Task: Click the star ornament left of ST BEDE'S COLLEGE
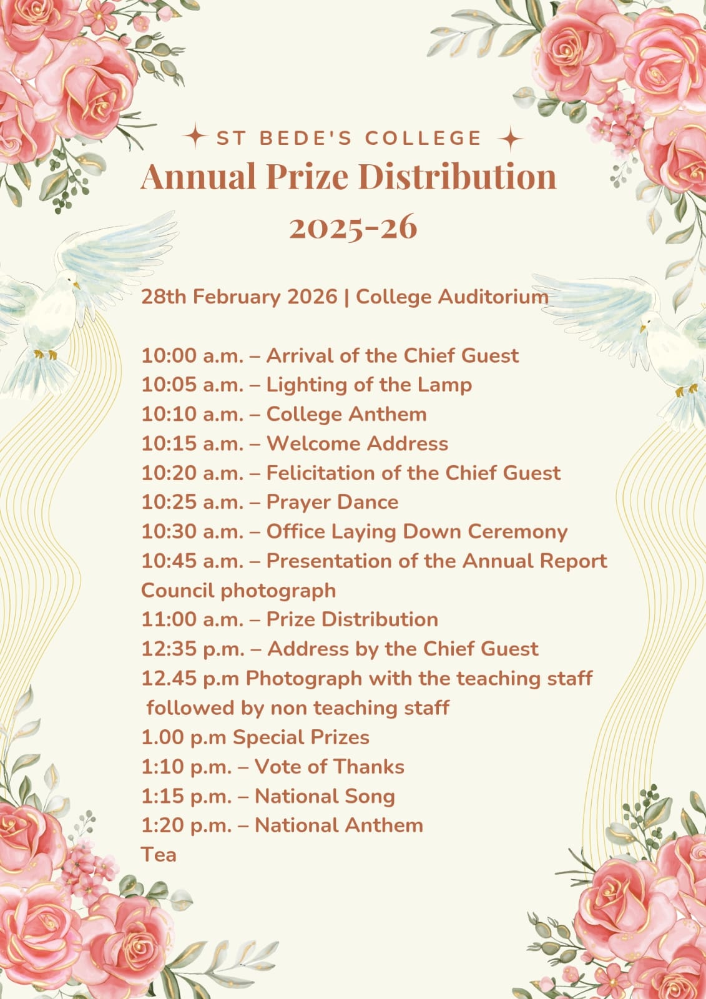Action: pos(196,137)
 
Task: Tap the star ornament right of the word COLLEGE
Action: pos(511,139)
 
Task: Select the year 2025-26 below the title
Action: pos(353,227)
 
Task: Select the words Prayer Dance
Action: pos(332,503)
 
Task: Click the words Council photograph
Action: pos(238,591)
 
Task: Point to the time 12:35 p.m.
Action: pos(193,649)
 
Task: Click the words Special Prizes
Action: pos(301,737)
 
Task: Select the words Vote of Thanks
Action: pos(330,767)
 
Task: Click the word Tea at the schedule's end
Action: pos(159,855)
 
